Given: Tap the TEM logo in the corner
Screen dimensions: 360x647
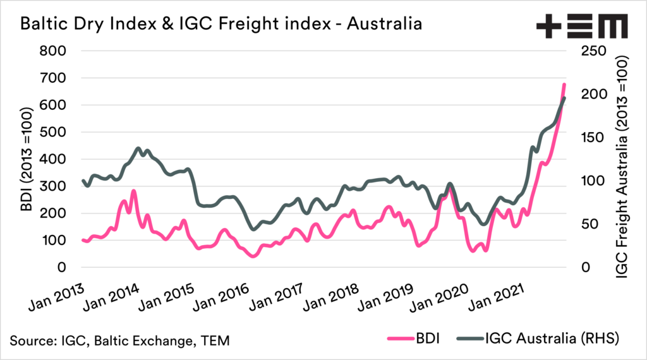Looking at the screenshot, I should (x=581, y=25).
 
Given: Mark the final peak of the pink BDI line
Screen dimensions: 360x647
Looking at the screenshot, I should (x=564, y=84).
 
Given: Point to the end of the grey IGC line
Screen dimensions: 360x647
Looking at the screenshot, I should (x=565, y=98).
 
